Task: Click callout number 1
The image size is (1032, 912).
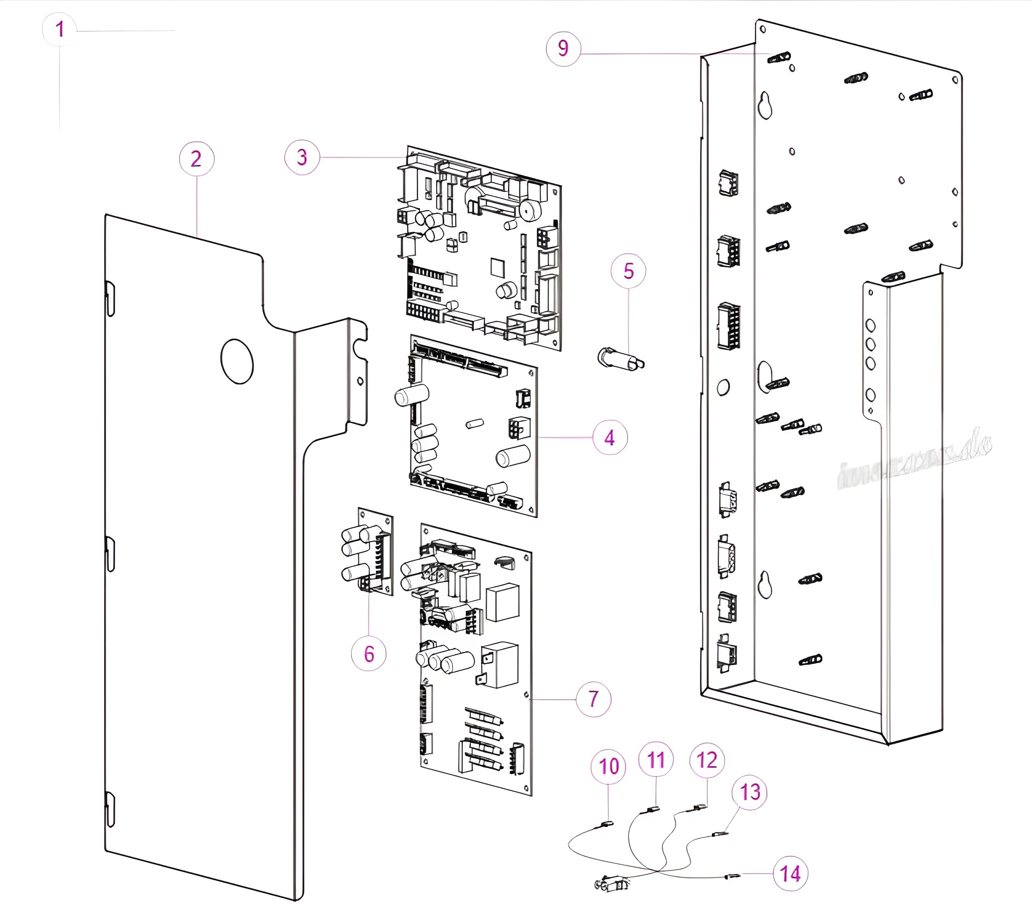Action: click(x=60, y=29)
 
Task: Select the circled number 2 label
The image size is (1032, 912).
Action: click(x=196, y=159)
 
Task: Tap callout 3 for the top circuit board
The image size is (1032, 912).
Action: click(x=302, y=157)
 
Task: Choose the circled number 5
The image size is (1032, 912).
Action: click(x=629, y=271)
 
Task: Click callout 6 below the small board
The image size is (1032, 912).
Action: click(x=369, y=654)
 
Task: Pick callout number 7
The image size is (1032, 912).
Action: click(x=594, y=699)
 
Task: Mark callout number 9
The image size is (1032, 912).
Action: click(x=563, y=48)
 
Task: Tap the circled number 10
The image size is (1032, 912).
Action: click(x=609, y=767)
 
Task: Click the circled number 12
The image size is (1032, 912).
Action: click(x=707, y=760)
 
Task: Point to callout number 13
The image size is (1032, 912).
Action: click(x=750, y=792)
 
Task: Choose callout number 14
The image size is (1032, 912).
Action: click(x=791, y=873)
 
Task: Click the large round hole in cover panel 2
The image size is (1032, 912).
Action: click(x=237, y=361)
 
